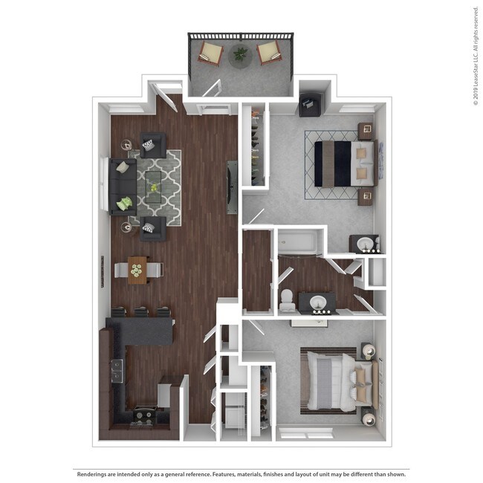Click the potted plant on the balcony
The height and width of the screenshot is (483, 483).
point(241,54)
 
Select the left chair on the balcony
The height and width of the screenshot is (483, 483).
point(211,54)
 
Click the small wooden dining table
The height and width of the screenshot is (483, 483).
point(137,270)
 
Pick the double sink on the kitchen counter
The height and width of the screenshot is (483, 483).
point(116,369)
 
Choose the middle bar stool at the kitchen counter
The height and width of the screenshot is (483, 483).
point(141,313)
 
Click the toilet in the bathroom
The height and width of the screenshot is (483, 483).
point(285,299)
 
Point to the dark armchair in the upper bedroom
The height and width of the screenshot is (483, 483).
point(309,105)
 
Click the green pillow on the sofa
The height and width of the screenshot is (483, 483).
point(126,202)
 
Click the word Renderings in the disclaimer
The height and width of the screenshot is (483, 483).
point(97,473)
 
